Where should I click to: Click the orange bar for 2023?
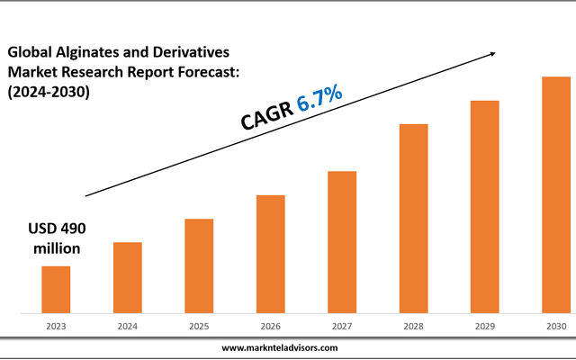pos(56,289)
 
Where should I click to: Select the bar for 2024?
pos(127,277)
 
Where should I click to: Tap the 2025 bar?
pos(199,265)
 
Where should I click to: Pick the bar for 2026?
pos(270,254)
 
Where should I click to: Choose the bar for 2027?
pos(342,241)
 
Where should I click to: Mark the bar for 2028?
pos(413,218)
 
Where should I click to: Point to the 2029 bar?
pos(485,206)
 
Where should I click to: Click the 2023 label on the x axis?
pos(56,327)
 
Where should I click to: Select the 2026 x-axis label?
pos(270,327)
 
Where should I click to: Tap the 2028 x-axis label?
pos(413,327)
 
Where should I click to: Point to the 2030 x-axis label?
pos(555,327)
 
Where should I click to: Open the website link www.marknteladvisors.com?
pos(280,347)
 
